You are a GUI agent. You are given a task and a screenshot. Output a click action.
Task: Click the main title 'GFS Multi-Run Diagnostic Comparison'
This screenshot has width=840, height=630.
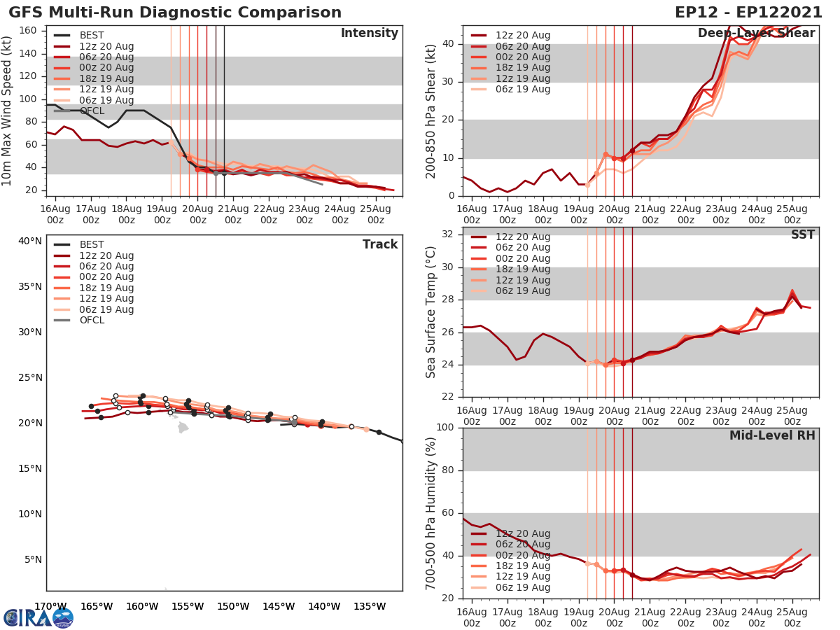[175, 13]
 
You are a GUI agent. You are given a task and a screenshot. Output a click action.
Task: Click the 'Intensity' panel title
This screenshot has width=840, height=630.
[369, 34]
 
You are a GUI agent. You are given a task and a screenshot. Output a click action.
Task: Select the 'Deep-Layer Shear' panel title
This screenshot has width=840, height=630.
[756, 34]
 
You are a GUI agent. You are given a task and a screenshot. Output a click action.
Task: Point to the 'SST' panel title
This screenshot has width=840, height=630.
[803, 234]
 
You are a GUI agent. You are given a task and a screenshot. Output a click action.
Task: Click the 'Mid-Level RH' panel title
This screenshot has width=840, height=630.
[772, 436]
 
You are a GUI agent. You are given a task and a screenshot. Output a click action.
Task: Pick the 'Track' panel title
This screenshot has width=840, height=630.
[380, 244]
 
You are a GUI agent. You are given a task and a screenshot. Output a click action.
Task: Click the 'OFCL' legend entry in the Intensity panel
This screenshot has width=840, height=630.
[92, 111]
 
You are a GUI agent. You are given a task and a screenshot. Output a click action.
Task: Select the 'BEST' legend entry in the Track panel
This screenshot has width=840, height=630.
[92, 244]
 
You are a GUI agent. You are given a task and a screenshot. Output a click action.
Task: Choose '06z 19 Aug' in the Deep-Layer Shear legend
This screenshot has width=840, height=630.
[523, 89]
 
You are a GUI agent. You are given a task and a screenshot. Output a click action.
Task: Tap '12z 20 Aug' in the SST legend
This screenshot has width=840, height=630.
[523, 237]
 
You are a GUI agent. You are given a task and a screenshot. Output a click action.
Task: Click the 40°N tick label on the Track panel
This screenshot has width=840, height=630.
[30, 241]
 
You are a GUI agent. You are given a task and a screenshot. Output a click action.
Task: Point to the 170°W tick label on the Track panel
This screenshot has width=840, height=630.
[50, 606]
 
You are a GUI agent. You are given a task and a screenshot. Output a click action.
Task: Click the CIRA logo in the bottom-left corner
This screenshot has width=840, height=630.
[38, 617]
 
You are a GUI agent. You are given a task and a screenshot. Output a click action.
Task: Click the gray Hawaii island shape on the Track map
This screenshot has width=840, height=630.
[183, 427]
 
